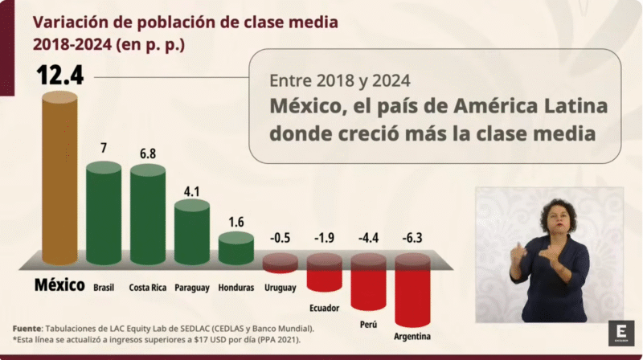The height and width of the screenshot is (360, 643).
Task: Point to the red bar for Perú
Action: click(x=368, y=285)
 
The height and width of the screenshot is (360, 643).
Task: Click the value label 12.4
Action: click(x=60, y=76)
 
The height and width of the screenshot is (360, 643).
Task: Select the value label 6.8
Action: click(x=148, y=152)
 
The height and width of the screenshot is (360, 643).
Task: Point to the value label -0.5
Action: click(x=280, y=239)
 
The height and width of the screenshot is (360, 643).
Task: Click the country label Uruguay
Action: click(x=280, y=288)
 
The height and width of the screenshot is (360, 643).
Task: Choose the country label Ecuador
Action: click(x=324, y=308)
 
